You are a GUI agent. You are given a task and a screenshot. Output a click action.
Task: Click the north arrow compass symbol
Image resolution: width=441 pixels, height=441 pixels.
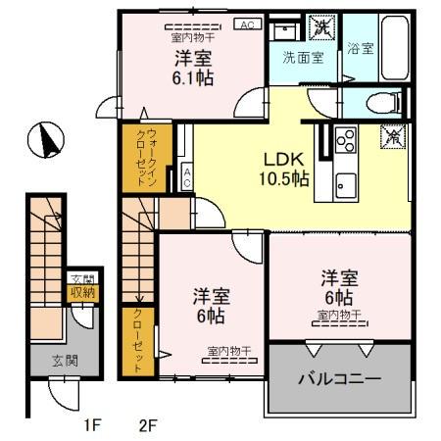44,139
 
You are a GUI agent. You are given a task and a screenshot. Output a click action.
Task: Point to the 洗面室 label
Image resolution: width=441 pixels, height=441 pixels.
304,57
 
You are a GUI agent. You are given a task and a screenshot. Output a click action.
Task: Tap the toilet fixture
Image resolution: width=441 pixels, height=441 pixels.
386,100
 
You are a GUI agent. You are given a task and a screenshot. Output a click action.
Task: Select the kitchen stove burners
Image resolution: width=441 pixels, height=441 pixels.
346,140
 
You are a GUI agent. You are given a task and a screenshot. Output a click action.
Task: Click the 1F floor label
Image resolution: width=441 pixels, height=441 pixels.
91,425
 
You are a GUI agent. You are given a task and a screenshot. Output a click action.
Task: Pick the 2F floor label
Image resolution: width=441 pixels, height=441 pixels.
148,425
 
